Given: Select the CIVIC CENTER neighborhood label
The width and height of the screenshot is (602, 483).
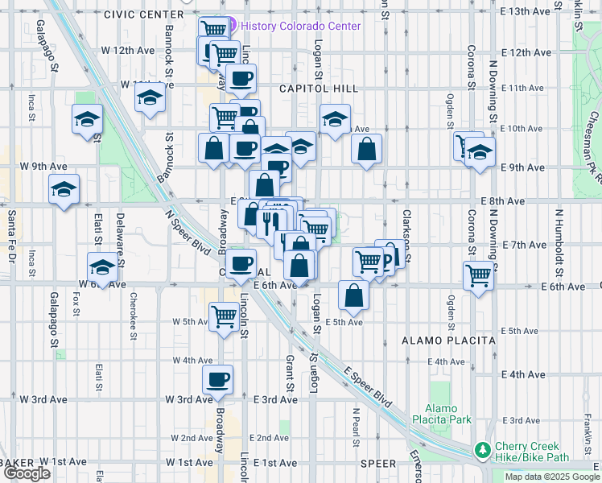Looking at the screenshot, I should pyautogui.click(x=143, y=14).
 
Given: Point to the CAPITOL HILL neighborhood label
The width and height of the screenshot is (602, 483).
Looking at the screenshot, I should pyautogui.click(x=311, y=89).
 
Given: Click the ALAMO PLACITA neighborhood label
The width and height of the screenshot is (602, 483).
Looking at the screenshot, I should pyautogui.click(x=448, y=341).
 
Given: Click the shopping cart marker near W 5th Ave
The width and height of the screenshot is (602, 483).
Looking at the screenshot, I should pyautogui.click(x=223, y=315).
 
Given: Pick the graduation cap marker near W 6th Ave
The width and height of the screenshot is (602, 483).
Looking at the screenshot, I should pyautogui.click(x=101, y=266).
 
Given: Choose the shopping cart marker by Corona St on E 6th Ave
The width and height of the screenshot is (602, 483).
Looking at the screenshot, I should pyautogui.click(x=479, y=275).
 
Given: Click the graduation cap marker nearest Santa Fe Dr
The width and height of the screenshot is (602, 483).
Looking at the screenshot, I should pyautogui.click(x=64, y=190).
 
